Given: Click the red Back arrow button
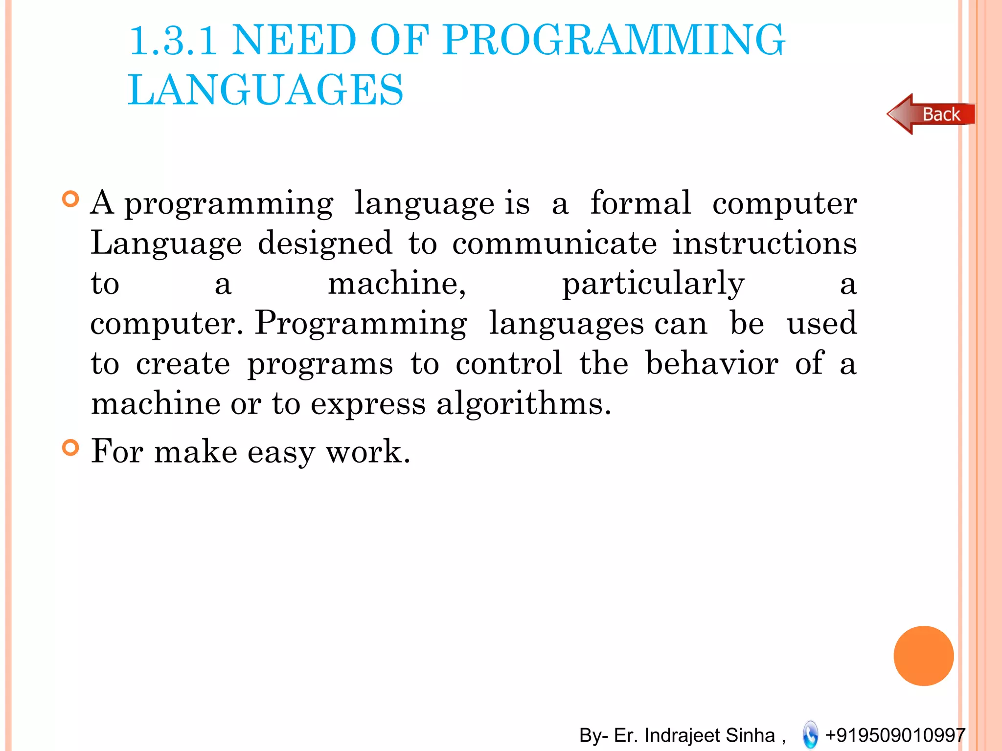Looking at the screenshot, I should [931, 114].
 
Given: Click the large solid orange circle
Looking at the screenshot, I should [923, 656].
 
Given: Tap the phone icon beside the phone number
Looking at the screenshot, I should [810, 734].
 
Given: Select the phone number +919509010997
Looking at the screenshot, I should [895, 735].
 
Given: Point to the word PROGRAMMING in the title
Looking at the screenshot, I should [614, 40].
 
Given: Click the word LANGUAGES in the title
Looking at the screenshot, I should [266, 89].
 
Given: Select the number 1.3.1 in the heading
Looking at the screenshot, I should [173, 40].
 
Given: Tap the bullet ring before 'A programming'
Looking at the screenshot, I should [71, 199].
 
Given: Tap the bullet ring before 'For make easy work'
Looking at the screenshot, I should [71, 447].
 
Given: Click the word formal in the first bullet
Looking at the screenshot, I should [640, 202].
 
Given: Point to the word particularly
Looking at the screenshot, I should [653, 284].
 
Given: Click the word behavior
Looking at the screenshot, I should [712, 363].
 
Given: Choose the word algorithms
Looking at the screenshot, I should [524, 404].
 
